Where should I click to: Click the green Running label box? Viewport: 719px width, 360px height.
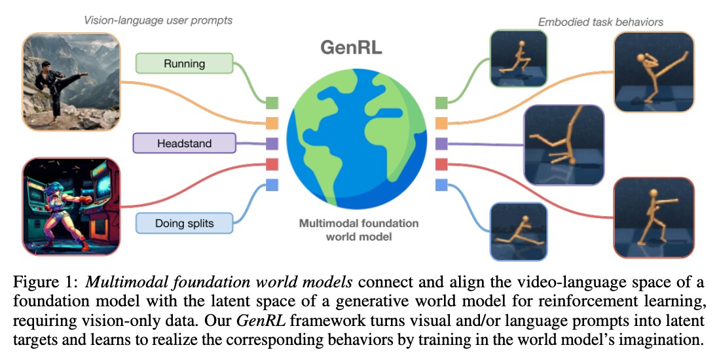(x=184, y=63)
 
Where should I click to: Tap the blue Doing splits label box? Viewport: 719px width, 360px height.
(x=184, y=223)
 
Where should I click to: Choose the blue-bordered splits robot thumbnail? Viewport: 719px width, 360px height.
(x=518, y=230)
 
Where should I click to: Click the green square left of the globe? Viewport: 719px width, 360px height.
(x=272, y=102)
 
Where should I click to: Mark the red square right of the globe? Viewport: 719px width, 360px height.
(x=441, y=164)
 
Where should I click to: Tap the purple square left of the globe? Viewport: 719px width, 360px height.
(x=272, y=143)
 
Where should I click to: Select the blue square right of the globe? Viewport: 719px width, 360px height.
(x=441, y=185)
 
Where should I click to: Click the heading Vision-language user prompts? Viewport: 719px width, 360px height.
(x=158, y=20)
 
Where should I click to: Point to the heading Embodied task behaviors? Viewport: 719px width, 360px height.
(x=600, y=22)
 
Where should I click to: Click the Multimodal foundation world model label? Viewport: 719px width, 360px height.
(x=358, y=230)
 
